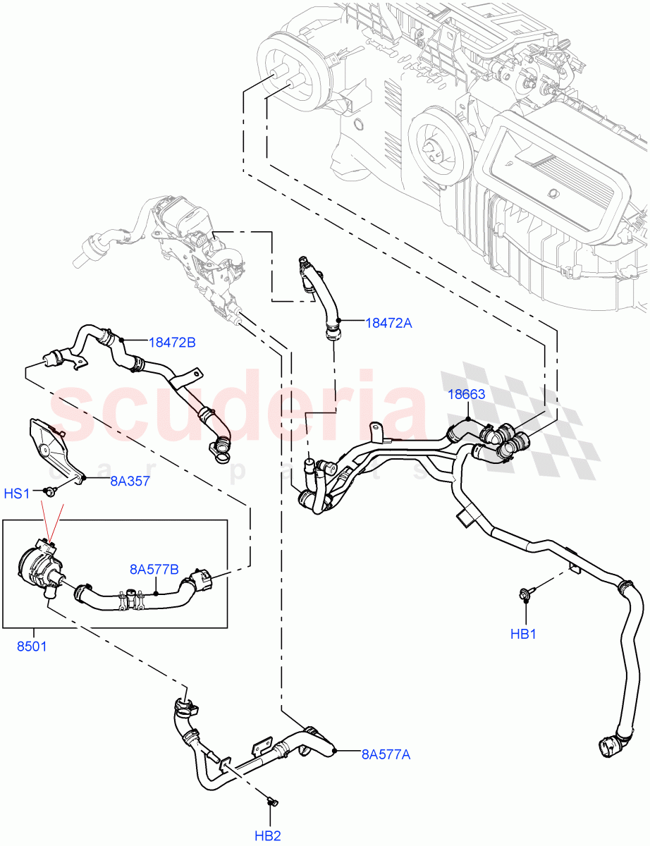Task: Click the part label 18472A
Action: pos(388,323)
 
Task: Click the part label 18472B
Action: pos(172,343)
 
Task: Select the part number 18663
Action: pos(467,394)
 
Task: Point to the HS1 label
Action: pos(17,493)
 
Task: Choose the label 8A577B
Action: pos(153,570)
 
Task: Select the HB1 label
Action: pos(524,634)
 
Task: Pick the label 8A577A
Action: pos(386,754)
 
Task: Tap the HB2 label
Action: pos(268,836)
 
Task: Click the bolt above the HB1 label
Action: pos(527,594)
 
